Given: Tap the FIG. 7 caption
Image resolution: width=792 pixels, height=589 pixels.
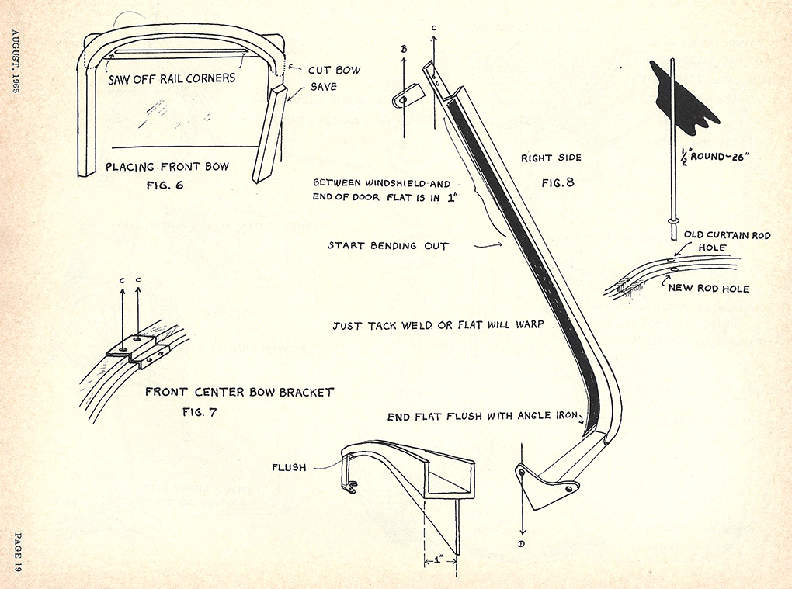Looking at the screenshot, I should (200, 411).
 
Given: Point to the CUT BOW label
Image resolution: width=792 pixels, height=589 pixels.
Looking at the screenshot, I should (334, 70).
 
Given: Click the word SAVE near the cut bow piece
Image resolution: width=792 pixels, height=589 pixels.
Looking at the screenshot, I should (323, 87).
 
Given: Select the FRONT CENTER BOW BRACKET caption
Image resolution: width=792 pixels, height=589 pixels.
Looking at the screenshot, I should (239, 392).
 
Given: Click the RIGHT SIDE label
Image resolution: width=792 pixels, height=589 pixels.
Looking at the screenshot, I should (551, 158).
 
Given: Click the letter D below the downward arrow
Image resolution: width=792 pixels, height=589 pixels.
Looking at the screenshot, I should (522, 543).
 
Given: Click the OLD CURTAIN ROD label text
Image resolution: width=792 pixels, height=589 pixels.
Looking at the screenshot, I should (727, 235).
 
